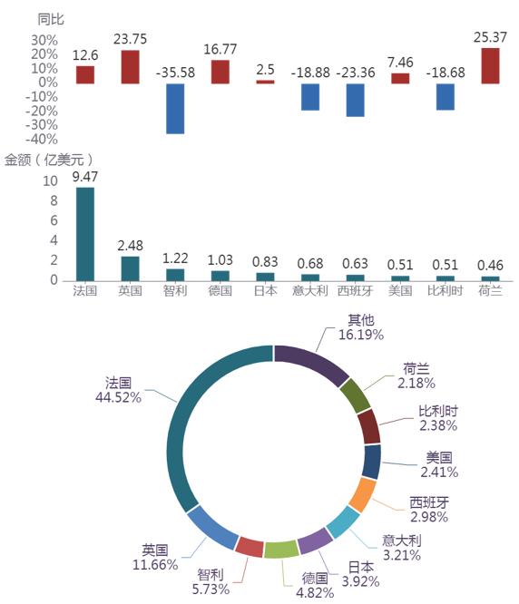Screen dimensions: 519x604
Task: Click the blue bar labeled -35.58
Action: pos(175,109)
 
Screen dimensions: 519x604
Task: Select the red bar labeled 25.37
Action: pos(490,66)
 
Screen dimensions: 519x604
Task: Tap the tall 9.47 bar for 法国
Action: pos(85,234)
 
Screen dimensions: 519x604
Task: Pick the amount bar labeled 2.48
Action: pos(131,268)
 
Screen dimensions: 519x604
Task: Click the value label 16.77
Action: pos(220,49)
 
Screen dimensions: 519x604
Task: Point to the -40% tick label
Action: pos(42,139)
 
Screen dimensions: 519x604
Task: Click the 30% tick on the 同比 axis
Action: pos(44,40)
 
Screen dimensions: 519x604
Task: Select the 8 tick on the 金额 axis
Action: pos(54,200)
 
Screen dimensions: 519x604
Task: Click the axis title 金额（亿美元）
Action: pos(49,160)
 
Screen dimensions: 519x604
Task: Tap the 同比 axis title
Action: pos(51,19)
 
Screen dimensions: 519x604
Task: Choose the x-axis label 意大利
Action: pos(309,290)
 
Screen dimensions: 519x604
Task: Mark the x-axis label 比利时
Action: pos(445,290)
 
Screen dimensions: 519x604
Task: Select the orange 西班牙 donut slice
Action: pos(362,495)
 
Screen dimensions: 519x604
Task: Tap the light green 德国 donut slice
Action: pos(281,550)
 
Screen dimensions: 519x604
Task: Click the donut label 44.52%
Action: pos(118,397)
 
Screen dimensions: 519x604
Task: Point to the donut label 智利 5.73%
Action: pos(211,582)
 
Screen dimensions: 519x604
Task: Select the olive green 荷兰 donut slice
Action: pos(356,395)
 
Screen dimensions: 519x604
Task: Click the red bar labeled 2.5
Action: pos(265,82)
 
